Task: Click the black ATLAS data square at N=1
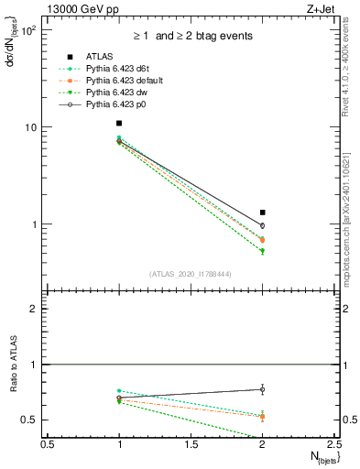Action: coord(119,123)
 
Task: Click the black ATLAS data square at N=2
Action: coord(263,213)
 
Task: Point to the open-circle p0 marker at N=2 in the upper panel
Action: coord(263,225)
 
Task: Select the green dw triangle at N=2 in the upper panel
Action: coord(263,251)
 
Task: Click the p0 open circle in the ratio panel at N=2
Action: coord(263,389)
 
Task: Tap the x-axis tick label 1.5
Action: coord(191,444)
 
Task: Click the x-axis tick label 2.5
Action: coord(333,444)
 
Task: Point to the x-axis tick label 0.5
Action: coord(48,444)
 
